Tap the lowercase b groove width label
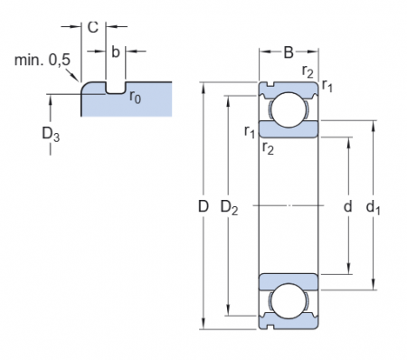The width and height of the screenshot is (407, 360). (x=116, y=52)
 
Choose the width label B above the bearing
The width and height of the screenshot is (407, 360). (x=289, y=52)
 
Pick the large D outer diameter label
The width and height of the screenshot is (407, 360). (x=203, y=207)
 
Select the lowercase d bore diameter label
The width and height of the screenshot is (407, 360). (x=347, y=207)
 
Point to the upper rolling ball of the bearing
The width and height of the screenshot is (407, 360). (x=289, y=106)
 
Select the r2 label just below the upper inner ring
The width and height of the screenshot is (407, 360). (x=268, y=147)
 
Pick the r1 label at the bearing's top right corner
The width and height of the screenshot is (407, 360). (x=327, y=88)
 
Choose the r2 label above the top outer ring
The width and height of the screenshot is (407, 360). (x=308, y=73)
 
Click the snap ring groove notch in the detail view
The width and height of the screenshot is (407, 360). (x=115, y=89)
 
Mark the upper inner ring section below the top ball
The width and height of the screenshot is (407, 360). (x=289, y=129)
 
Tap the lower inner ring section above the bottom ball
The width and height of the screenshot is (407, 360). (x=289, y=279)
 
